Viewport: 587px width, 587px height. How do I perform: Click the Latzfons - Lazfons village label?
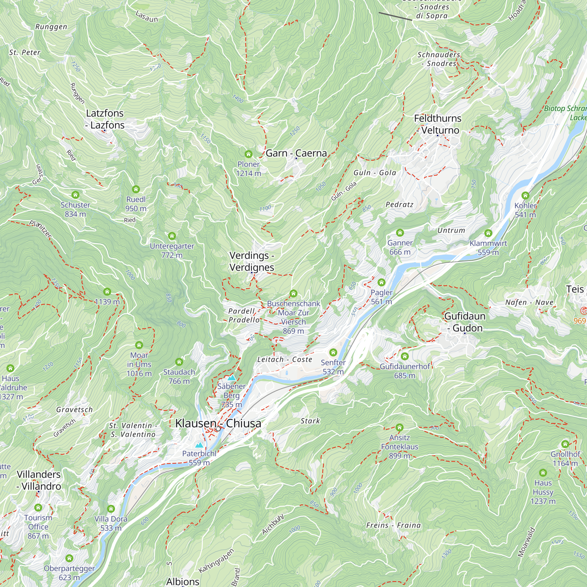pos(105,119)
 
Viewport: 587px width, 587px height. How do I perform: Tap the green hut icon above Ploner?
pos(249,154)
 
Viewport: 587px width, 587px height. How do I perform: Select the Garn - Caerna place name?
pos(296,153)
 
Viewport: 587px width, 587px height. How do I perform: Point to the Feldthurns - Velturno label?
pos(438,124)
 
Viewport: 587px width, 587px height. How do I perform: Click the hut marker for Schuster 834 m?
pos(75,195)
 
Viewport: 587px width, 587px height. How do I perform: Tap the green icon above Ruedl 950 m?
pos(136,190)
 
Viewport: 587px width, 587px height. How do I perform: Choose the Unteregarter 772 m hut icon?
pos(172,236)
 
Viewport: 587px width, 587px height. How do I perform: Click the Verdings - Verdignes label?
pos(252,261)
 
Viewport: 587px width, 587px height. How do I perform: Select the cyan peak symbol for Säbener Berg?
pos(232,378)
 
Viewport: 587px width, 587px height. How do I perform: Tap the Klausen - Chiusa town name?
pos(218,423)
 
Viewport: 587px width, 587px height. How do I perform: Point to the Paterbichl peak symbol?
pos(199,445)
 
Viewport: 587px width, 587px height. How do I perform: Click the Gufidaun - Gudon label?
pos(465,322)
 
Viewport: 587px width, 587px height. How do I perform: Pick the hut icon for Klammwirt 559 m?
pos(488,233)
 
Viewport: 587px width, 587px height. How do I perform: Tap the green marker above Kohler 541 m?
pos(525,195)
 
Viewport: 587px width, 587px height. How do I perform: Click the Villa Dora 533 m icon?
pos(111,509)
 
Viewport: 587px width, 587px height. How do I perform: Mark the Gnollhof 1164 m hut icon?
pos(565,444)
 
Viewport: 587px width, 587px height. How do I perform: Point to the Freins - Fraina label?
pos(394,525)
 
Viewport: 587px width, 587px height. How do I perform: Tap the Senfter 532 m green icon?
pos(333,352)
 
